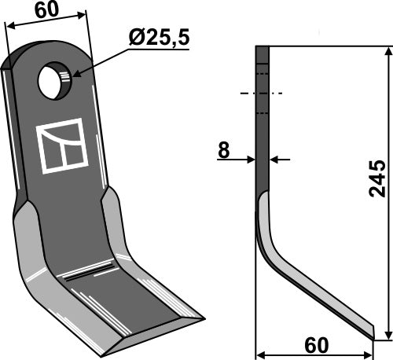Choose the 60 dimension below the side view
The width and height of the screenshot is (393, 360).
(x=317, y=346)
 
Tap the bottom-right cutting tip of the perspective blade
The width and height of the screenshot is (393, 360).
(x=200, y=318)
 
